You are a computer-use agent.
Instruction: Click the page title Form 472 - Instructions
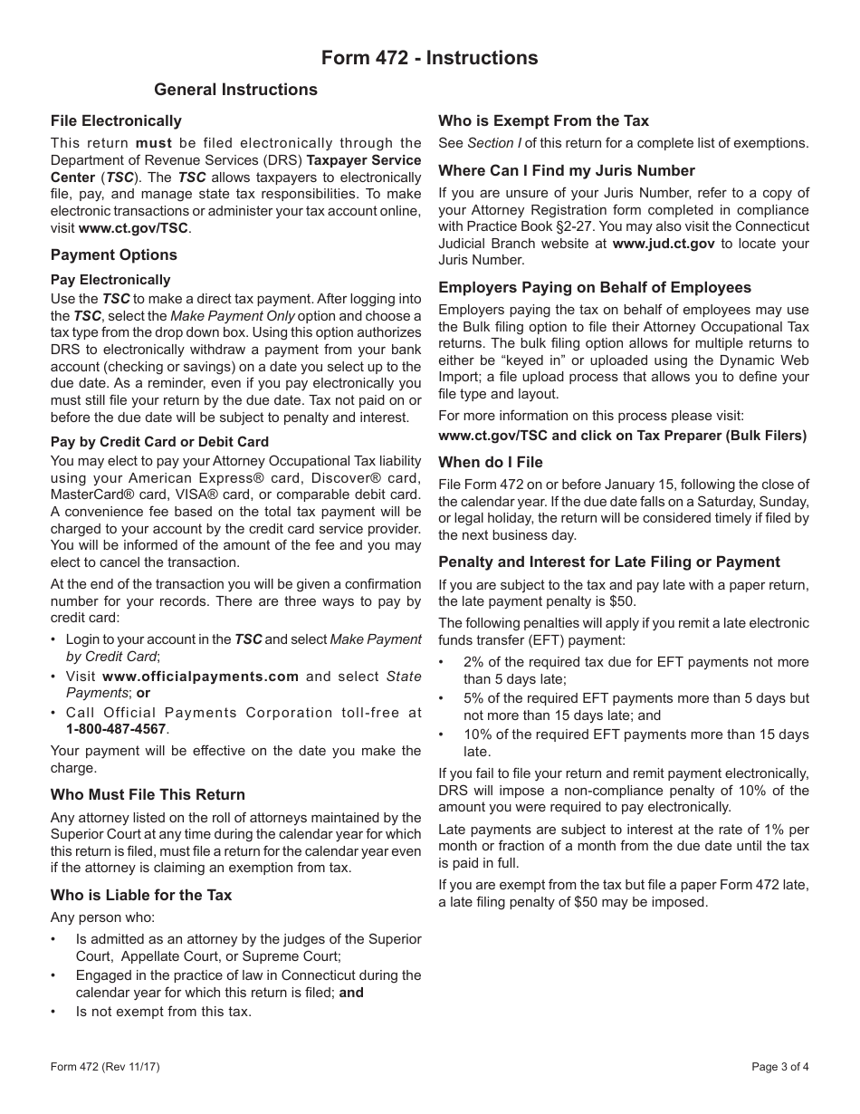coord(429,58)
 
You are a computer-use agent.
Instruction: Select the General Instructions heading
coord(235,90)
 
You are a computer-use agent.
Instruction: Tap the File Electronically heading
coord(116,121)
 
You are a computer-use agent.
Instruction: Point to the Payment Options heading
coord(114,255)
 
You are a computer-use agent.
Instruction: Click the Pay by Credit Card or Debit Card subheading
coord(159,442)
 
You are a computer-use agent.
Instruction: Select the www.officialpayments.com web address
coord(200,677)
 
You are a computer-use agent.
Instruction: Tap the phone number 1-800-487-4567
coord(116,729)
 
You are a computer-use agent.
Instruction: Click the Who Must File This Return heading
coord(148,795)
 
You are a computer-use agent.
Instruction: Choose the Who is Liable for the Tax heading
coord(141,896)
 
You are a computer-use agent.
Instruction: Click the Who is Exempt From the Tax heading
coord(543,121)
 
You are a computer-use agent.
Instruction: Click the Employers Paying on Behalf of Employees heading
coord(595,288)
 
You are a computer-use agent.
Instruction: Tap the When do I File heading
coord(491,462)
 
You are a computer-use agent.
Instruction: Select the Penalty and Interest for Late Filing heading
coord(609,562)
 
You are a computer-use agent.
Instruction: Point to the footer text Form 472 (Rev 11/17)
coord(105,1067)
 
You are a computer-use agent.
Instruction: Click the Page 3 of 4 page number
coord(780,1067)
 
